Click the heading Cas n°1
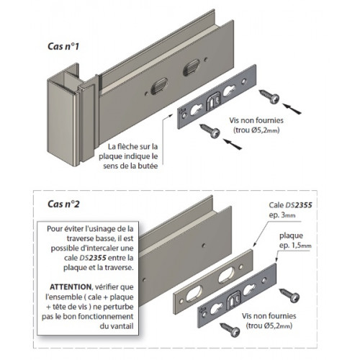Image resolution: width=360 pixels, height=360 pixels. click(x=63, y=46)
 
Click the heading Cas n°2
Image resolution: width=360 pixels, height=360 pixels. click(x=63, y=204)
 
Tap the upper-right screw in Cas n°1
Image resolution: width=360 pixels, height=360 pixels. click(x=270, y=96)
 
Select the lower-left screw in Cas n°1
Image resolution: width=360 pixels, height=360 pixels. click(x=210, y=130)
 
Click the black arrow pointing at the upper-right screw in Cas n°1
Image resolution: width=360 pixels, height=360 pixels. click(x=292, y=109)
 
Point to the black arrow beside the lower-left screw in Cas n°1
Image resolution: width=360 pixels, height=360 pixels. click(x=232, y=144)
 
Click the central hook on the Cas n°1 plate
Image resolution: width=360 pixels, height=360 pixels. click(x=213, y=102)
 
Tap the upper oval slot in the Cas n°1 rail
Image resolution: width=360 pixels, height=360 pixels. click(x=192, y=68)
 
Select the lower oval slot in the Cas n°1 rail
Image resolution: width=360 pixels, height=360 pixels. click(x=159, y=86)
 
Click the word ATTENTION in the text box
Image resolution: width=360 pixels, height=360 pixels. click(x=71, y=287)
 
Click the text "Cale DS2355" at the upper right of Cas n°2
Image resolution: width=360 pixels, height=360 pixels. click(x=290, y=205)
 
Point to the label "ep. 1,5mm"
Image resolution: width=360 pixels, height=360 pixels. click(x=295, y=246)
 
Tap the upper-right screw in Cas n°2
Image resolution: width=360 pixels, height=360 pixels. click(x=290, y=295)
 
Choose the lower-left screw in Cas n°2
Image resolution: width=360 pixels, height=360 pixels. click(x=230, y=330)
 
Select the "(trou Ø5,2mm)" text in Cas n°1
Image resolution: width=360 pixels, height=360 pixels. click(x=256, y=130)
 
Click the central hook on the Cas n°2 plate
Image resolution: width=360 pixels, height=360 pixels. click(x=234, y=300)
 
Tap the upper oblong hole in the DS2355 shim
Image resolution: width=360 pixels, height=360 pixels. click(x=225, y=274)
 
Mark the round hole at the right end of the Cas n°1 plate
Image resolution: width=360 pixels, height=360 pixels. click(x=244, y=81)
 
